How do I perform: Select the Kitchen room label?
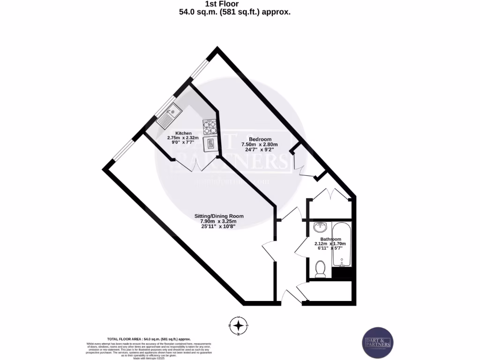pyautogui.click(x=183, y=133)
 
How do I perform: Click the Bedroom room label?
pyautogui.click(x=260, y=139)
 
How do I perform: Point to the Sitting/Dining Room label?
pyautogui.click(x=219, y=216)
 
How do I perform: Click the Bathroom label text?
pyautogui.click(x=330, y=239)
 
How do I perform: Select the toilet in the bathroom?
pyautogui.click(x=321, y=269)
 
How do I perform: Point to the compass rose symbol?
pyautogui.click(x=239, y=325)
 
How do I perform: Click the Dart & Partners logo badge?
pyautogui.click(x=378, y=343)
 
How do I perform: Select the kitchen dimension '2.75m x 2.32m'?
pyautogui.click(x=183, y=138)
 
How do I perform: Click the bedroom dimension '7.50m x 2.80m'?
pyautogui.click(x=260, y=145)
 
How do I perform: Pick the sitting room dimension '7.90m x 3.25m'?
pyautogui.click(x=219, y=222)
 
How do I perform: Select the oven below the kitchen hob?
pyautogui.click(x=210, y=143)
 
